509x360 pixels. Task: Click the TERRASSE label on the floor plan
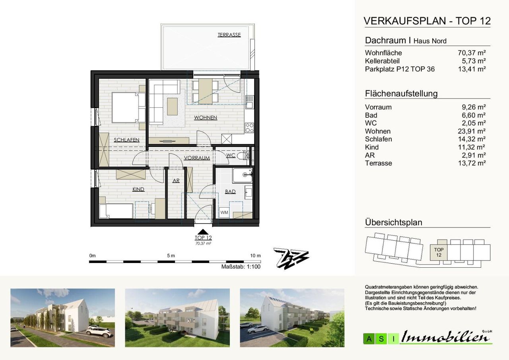coord(229,35)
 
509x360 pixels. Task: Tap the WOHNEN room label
coord(206,117)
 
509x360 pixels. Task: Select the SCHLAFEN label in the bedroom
coord(126,140)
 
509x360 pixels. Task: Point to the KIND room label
coord(138,189)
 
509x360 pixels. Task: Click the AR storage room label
coord(176,181)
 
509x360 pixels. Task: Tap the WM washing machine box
coord(224,213)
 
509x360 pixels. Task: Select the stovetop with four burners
coord(249,128)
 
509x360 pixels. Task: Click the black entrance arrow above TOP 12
coord(203,232)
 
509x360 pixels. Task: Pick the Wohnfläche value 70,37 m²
coord(472,53)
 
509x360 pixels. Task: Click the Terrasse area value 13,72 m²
coord(472,163)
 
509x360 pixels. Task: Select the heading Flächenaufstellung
coord(401,93)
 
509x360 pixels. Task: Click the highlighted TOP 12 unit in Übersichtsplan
coord(439,252)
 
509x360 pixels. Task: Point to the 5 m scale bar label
coord(171,256)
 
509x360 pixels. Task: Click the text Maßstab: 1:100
coord(241,267)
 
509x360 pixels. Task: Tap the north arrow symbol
coord(291,259)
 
